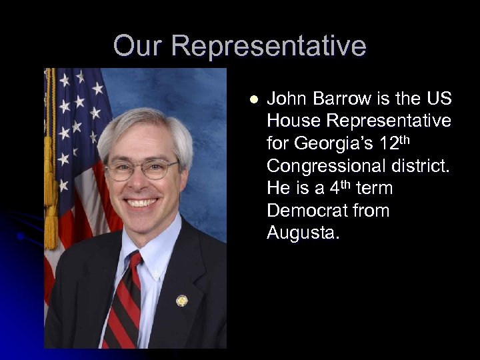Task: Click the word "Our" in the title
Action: tap(137, 46)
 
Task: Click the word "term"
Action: tap(374, 189)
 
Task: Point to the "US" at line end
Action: tap(437, 99)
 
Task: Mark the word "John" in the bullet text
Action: tap(285, 99)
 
